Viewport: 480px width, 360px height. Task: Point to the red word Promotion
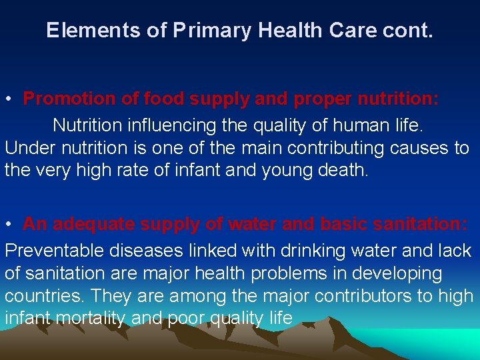pyautogui.click(x=70, y=99)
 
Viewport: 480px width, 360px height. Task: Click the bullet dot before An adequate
pyautogui.click(x=9, y=225)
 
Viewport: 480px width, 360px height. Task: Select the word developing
pyautogui.click(x=404, y=273)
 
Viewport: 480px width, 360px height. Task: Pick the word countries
pyautogui.click(x=42, y=295)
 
